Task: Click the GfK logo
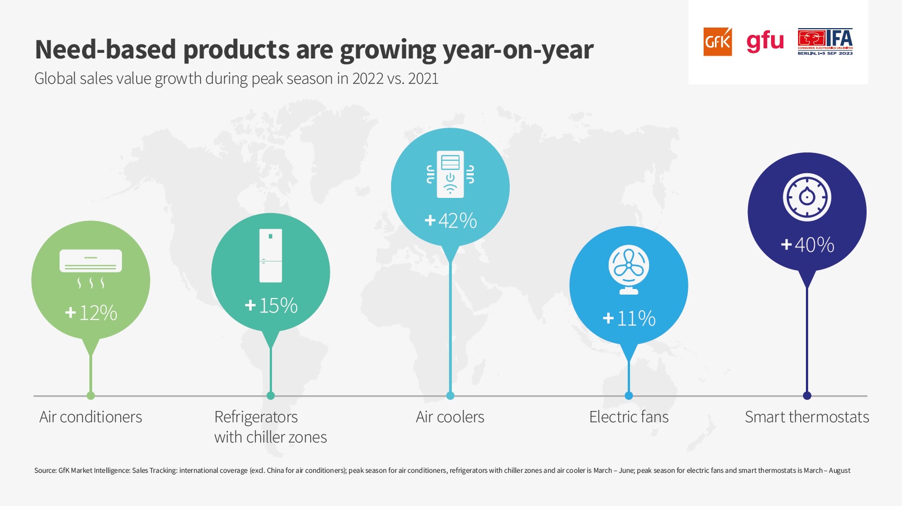(718, 42)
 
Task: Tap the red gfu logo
(765, 42)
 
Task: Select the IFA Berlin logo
(825, 42)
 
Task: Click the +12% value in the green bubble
(91, 313)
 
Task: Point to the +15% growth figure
(271, 305)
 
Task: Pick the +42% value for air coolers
(451, 220)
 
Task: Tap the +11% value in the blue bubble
(629, 318)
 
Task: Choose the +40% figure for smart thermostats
(807, 245)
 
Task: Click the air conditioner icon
(90, 268)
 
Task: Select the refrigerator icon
(271, 255)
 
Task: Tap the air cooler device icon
(450, 174)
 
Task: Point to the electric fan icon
(629, 269)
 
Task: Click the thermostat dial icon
(807, 197)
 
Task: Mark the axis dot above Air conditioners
(91, 396)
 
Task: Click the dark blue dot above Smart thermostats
(807, 396)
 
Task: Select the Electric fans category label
(629, 417)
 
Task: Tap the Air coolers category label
(450, 417)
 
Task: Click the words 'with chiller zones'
(270, 437)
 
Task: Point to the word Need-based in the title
(106, 49)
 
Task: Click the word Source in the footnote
(45, 471)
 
